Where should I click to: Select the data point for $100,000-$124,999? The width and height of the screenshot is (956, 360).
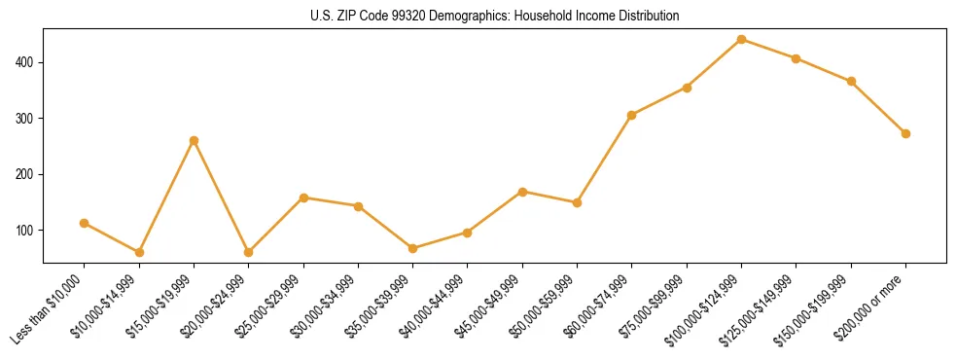741,39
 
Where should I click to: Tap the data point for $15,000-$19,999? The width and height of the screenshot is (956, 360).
194,140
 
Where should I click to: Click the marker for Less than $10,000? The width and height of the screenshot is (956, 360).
85,223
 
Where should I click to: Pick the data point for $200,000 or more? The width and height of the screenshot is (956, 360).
905,133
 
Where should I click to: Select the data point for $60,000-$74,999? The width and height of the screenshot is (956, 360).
632,115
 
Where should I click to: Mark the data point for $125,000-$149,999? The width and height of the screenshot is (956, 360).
796,58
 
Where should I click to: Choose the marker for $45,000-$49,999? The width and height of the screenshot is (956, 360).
522,192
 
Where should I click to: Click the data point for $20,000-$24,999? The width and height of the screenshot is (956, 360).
248,252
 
